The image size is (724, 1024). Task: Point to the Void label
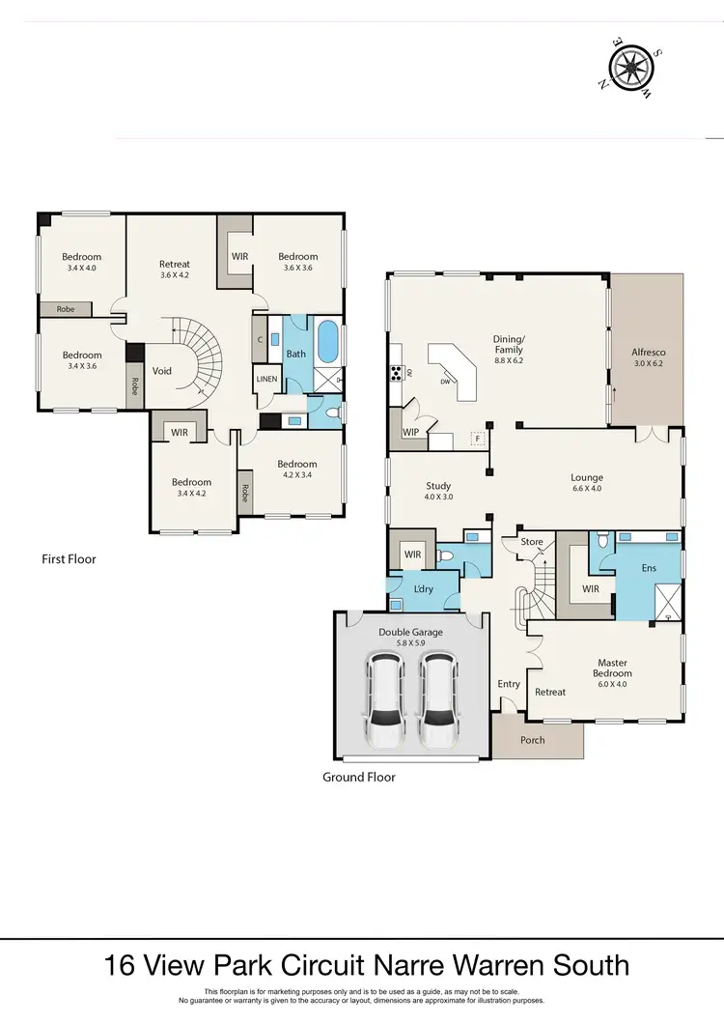tap(162, 371)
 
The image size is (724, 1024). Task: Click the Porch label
tap(533, 740)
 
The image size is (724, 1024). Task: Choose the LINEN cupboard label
tap(266, 379)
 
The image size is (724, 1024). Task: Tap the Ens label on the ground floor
tap(649, 568)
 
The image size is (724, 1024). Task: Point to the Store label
tap(532, 542)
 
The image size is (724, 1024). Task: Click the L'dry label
tap(423, 589)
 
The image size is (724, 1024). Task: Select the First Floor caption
tap(69, 558)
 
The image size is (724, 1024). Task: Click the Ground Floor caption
tap(359, 777)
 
